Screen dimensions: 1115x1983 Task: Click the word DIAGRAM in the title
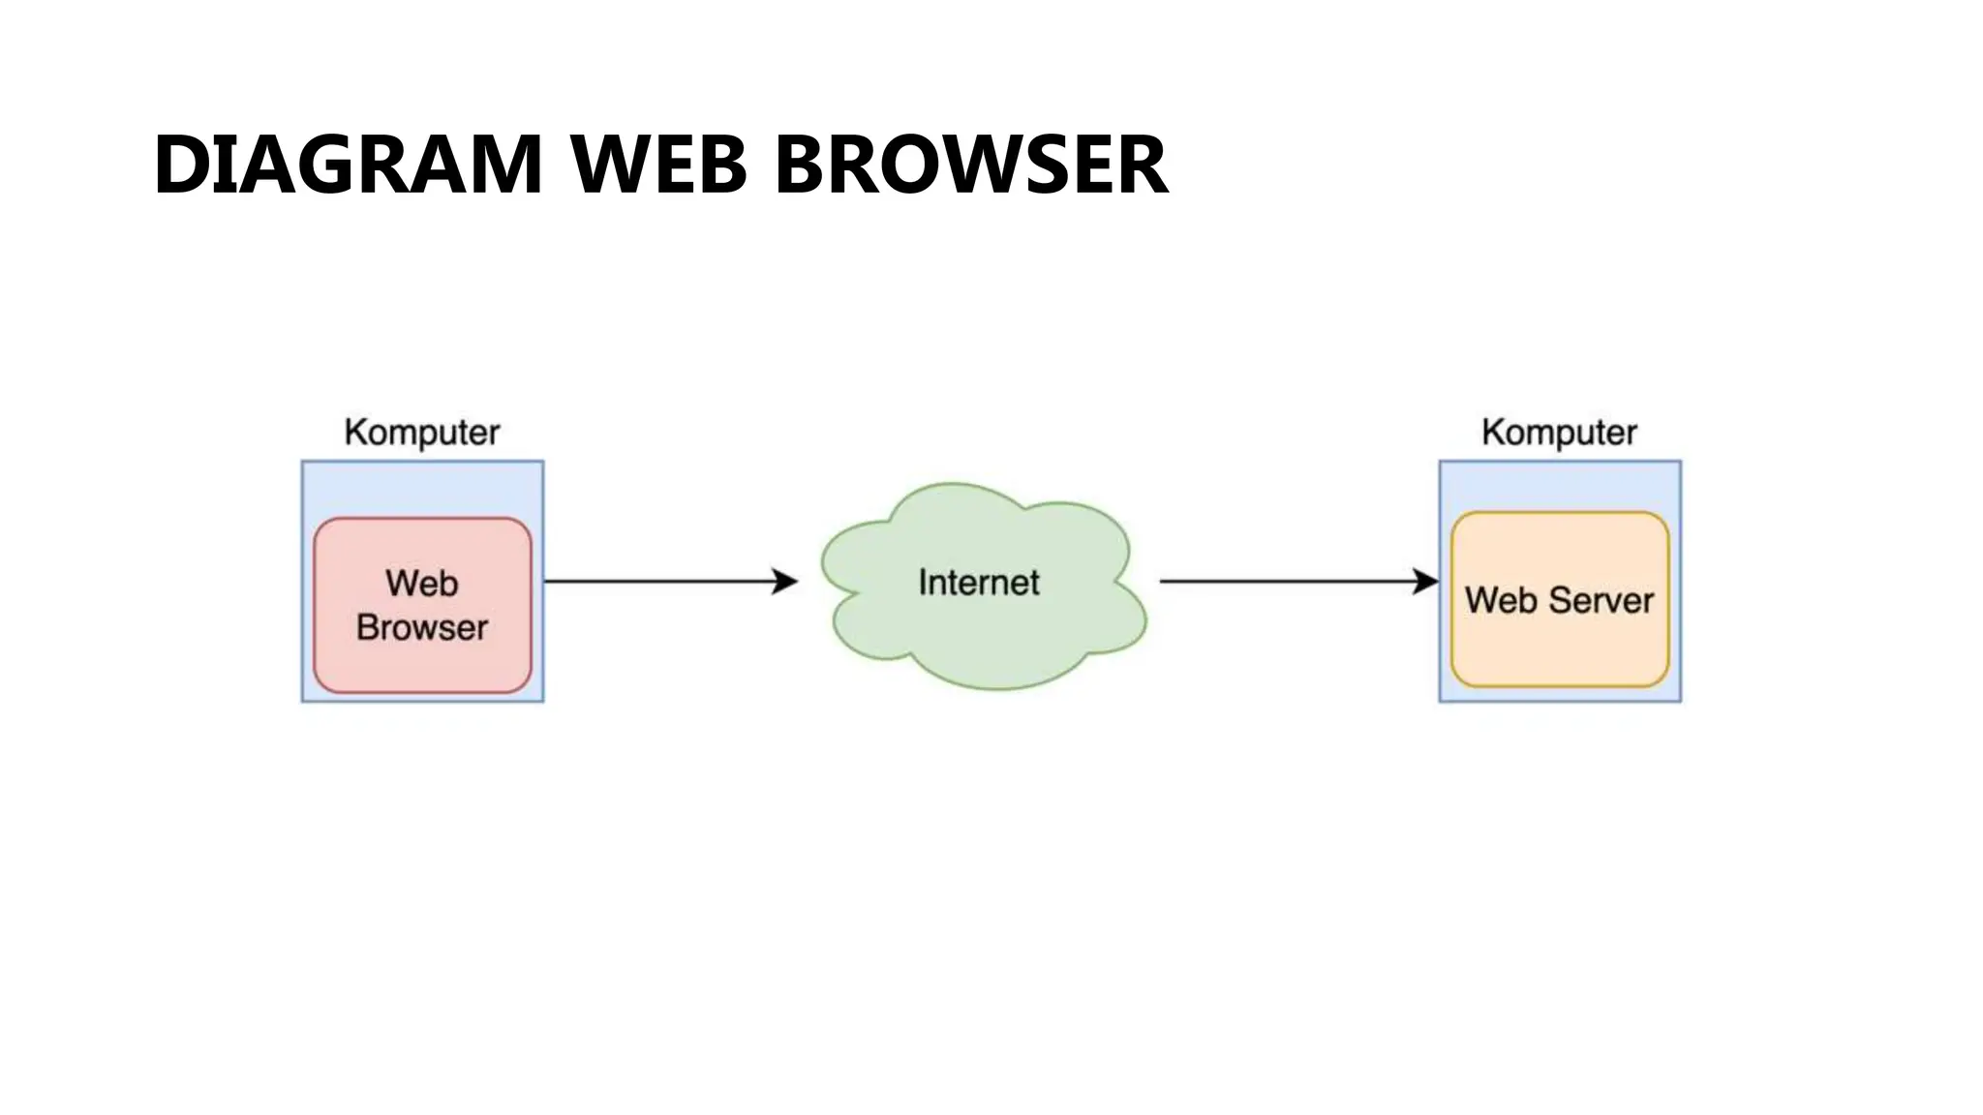pos(348,165)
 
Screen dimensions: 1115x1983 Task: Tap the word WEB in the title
pos(658,165)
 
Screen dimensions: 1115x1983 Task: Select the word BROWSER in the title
pos(971,165)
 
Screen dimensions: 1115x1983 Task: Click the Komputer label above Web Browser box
pos(422,432)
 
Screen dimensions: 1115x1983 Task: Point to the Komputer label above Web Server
pos(1559,432)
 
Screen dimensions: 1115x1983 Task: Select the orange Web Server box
pos(1559,648)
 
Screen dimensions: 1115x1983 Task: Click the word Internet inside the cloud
pos(978,583)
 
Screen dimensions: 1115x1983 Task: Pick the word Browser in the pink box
pos(422,628)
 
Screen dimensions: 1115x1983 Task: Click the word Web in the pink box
pos(422,584)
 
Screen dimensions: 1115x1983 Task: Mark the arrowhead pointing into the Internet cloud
pos(785,582)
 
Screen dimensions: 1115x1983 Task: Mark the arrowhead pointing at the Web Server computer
pos(1426,582)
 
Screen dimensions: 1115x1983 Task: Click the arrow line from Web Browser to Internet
pos(658,582)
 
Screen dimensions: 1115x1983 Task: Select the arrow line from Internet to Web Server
pos(1288,582)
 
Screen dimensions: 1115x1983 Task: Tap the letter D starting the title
pos(182,165)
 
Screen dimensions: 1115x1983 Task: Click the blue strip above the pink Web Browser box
pos(422,489)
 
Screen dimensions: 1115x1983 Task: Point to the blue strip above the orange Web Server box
pos(1559,486)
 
